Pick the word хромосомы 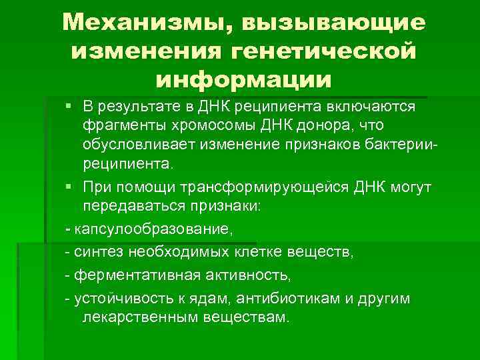pos(207,126)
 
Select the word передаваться pos(131,207)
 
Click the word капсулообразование pos(154,229)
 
